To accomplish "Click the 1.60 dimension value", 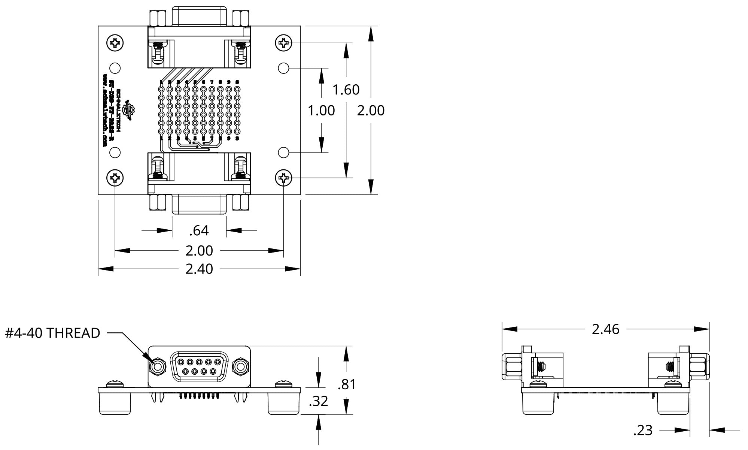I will click(x=346, y=90).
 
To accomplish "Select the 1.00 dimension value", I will click(x=321, y=111).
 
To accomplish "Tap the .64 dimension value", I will click(x=199, y=230).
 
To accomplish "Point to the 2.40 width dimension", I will click(x=199, y=269).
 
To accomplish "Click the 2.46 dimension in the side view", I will click(x=605, y=329).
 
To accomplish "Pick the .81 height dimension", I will click(x=346, y=384).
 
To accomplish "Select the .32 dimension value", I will click(x=318, y=401).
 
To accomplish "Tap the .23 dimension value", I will click(x=643, y=431).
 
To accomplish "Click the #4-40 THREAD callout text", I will click(x=52, y=333).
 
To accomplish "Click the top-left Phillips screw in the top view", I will click(x=115, y=43).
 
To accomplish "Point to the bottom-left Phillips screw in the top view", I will click(x=115, y=178).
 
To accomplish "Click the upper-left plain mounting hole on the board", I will click(x=115, y=68).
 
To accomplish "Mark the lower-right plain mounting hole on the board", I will click(x=283, y=152).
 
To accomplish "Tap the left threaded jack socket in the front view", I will click(x=157, y=366).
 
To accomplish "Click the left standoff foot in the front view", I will click(x=115, y=403).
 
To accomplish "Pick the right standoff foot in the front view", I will click(x=283, y=403).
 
